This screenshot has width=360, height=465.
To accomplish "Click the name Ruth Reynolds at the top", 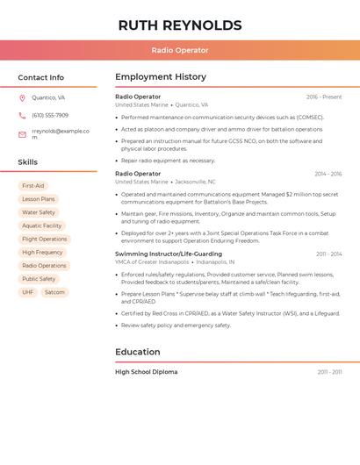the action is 179,25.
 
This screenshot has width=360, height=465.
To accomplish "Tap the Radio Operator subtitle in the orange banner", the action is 179,51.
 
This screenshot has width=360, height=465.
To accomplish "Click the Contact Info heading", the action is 41,77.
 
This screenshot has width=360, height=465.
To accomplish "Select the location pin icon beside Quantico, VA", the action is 22,98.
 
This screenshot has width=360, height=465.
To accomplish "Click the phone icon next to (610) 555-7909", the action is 22,116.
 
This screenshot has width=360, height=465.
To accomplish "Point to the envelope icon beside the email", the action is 22,134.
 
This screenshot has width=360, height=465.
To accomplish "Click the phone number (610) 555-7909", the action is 50,116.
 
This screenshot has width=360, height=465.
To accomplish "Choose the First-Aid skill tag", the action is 33,186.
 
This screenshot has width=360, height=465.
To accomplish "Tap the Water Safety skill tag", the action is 39,212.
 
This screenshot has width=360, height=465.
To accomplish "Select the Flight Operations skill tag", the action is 44,239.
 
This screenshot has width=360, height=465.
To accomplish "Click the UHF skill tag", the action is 28,292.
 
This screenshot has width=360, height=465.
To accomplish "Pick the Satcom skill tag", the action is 54,292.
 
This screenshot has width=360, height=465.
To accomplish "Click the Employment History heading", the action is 161,77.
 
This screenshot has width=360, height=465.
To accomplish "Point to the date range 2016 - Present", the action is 324,97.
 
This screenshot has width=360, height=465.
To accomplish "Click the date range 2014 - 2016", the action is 328,174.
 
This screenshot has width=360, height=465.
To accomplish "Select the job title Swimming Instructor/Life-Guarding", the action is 169,254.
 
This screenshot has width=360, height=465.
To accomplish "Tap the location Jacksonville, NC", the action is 196,182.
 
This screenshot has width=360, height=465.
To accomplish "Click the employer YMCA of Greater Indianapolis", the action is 152,261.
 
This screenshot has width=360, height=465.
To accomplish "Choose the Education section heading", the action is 138,352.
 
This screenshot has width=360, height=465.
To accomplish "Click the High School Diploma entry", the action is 146,372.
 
